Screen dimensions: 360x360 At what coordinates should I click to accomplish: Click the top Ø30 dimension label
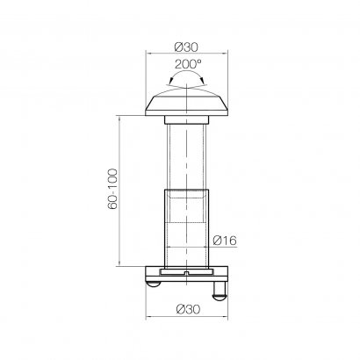184,45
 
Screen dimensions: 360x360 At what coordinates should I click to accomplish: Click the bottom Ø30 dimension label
184,307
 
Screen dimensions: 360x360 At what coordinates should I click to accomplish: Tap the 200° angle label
186,65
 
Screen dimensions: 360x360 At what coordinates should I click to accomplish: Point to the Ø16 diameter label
225,238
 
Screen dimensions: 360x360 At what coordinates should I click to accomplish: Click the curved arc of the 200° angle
186,77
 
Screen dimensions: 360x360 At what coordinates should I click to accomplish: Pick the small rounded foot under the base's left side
154,283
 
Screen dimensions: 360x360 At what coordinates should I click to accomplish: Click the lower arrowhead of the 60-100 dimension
119,263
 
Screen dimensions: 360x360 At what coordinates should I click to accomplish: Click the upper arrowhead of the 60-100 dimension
119,116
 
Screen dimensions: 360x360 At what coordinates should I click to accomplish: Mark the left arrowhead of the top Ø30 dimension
148,54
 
